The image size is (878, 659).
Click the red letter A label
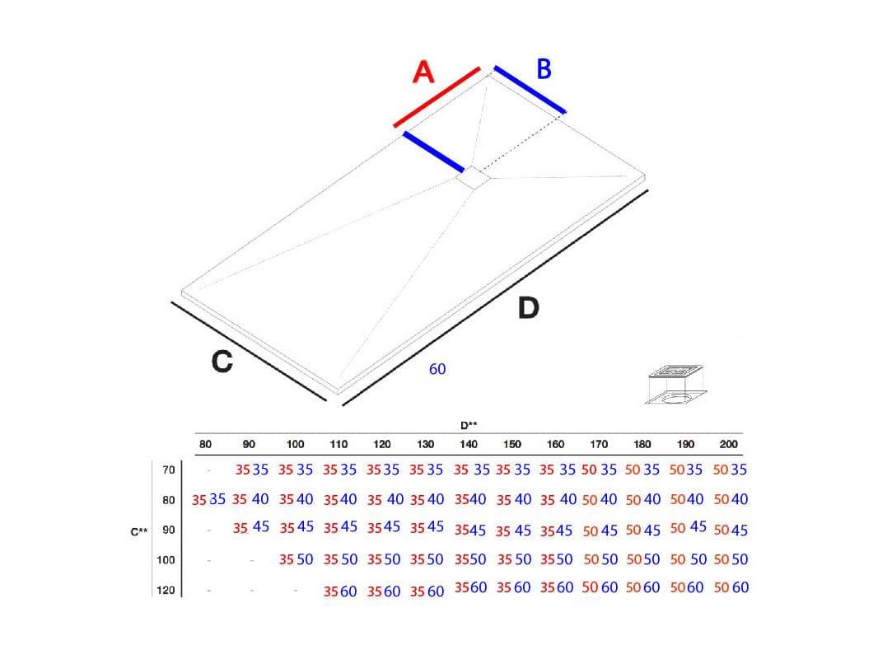pyautogui.click(x=423, y=72)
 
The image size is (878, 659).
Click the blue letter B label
pyautogui.click(x=544, y=69)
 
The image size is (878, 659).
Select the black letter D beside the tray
pyautogui.click(x=528, y=308)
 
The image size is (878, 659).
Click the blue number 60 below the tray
pyautogui.click(x=437, y=369)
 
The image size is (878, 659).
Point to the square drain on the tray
pyautogui.click(x=473, y=178)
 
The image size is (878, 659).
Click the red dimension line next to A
pyautogui.click(x=437, y=97)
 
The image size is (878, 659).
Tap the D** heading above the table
pyautogui.click(x=469, y=426)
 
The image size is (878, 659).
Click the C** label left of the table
pyautogui.click(x=139, y=531)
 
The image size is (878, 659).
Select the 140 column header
pyautogui.click(x=469, y=445)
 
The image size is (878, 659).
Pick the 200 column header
pyautogui.click(x=728, y=445)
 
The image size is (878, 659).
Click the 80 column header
pyautogui.click(x=206, y=445)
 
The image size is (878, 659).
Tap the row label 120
pyautogui.click(x=166, y=590)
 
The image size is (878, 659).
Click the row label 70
pyautogui.click(x=169, y=470)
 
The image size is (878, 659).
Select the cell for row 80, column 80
pyautogui.click(x=208, y=499)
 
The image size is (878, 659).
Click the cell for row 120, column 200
pyautogui.click(x=731, y=587)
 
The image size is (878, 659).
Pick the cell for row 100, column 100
pyautogui.click(x=296, y=559)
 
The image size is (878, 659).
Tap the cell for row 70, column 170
pyautogui.click(x=599, y=470)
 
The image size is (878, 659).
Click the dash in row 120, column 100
pyautogui.click(x=296, y=590)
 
